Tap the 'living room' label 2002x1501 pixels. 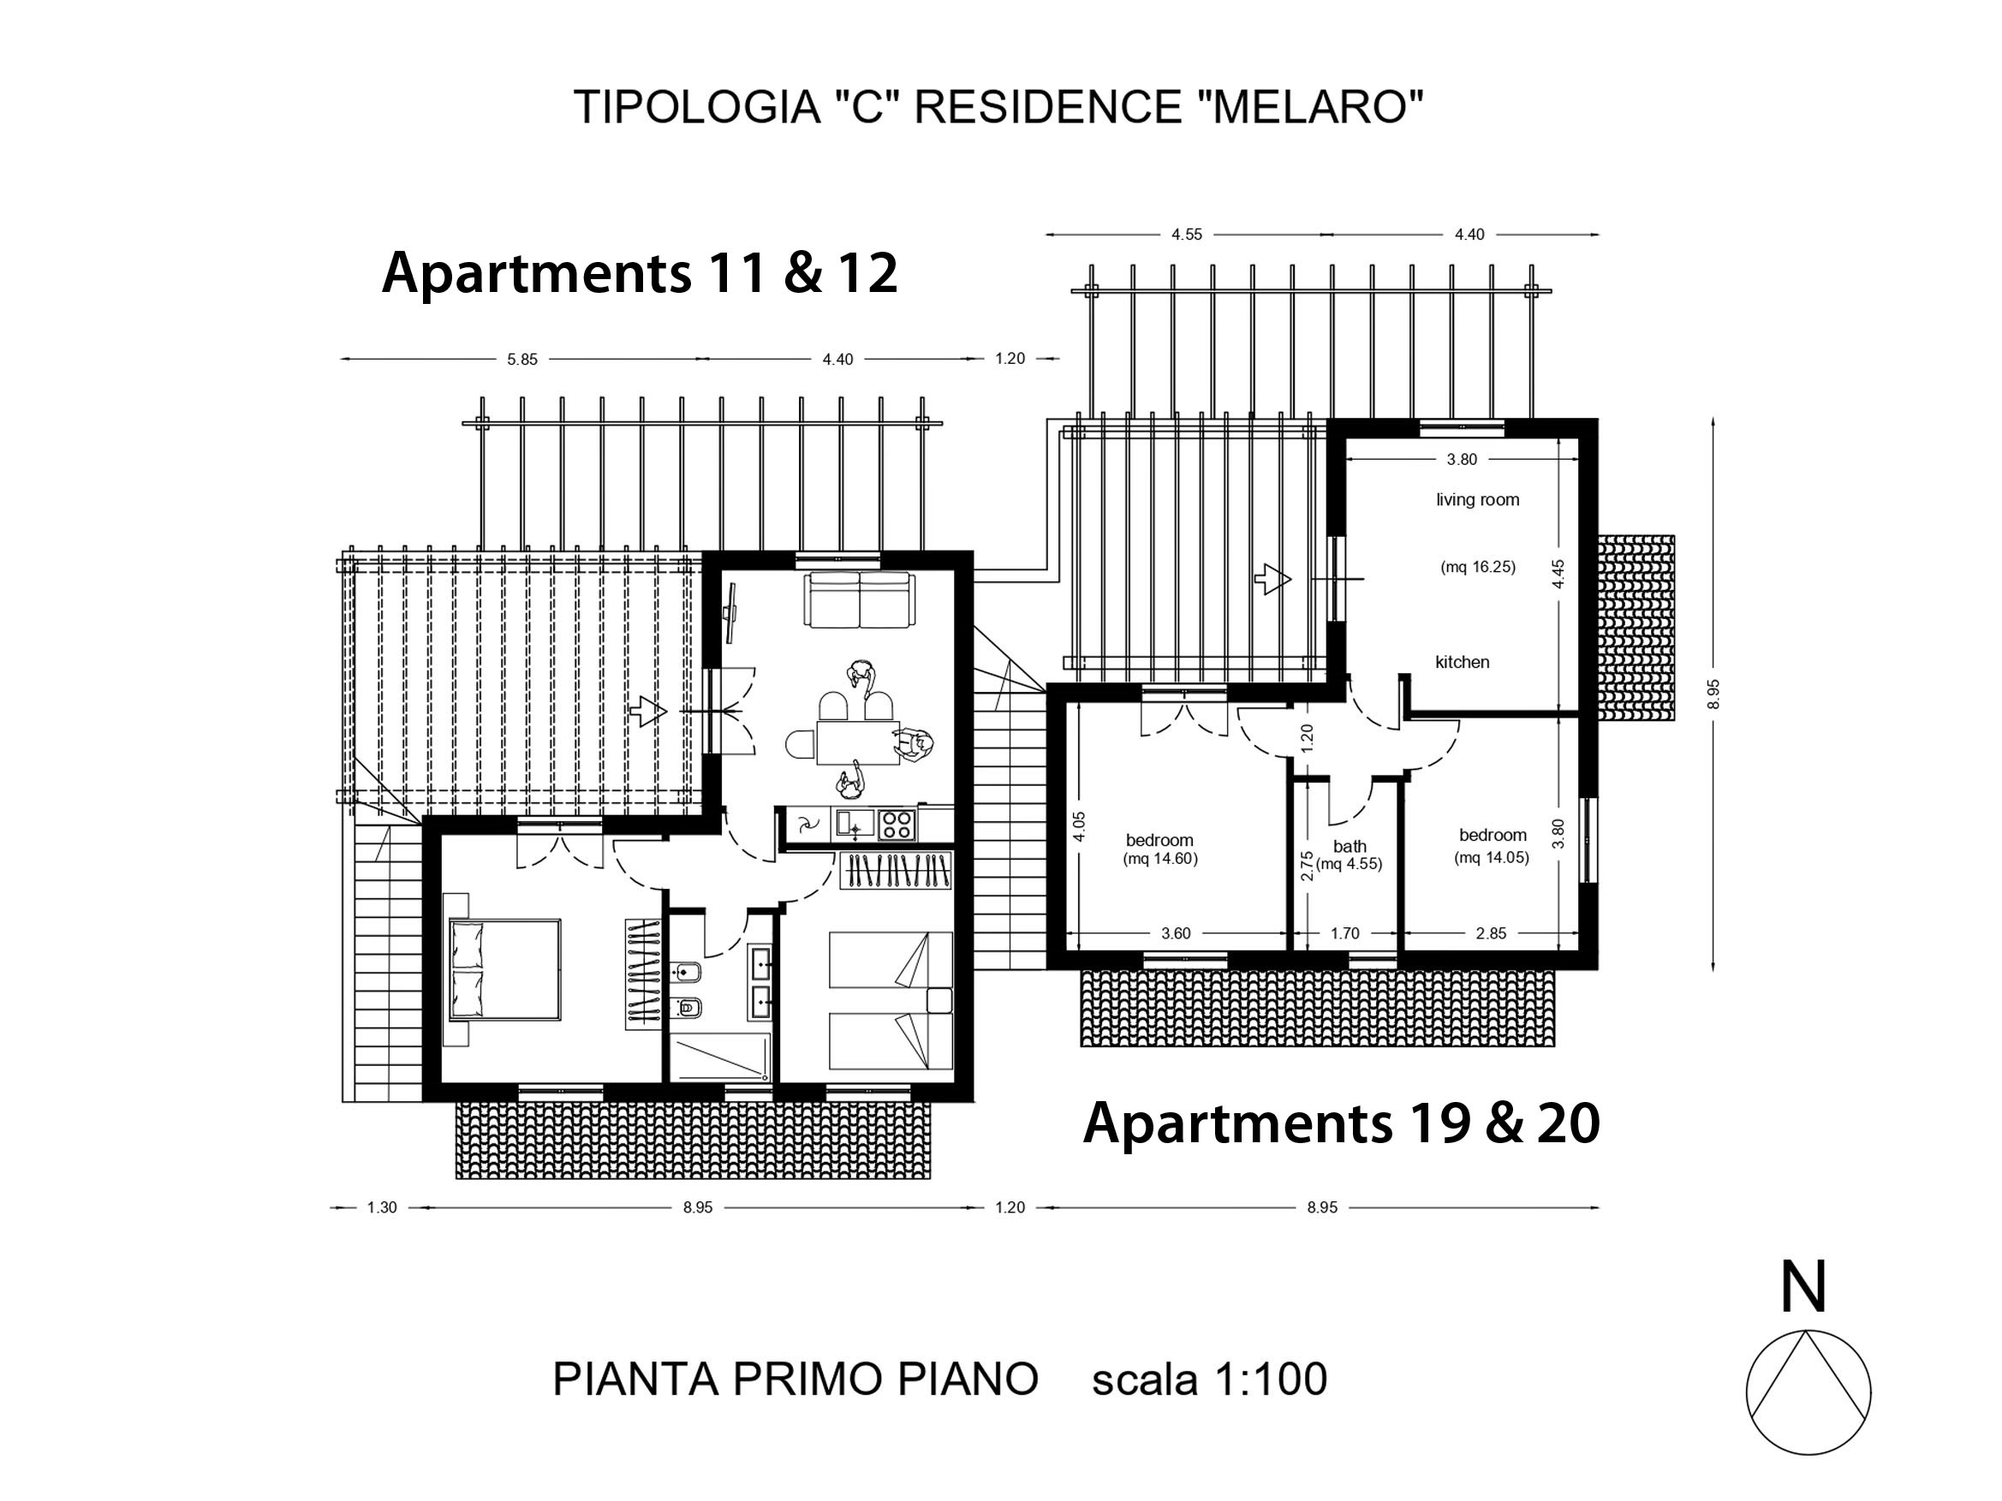[x=1477, y=499]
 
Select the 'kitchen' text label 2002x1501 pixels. [x=1462, y=661]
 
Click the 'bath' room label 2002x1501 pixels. [x=1350, y=846]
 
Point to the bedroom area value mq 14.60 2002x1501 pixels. [x=1159, y=860]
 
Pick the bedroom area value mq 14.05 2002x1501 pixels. [x=1492, y=858]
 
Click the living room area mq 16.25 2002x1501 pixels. [x=1478, y=568]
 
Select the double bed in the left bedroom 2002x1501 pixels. [x=504, y=970]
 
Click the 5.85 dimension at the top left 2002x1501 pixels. [x=522, y=359]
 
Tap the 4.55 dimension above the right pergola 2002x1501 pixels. [x=1187, y=235]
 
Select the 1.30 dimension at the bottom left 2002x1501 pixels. [x=382, y=1207]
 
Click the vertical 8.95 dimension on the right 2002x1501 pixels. [x=1713, y=694]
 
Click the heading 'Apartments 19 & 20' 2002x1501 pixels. [x=1341, y=1123]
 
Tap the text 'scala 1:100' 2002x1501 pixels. [x=1209, y=1379]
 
